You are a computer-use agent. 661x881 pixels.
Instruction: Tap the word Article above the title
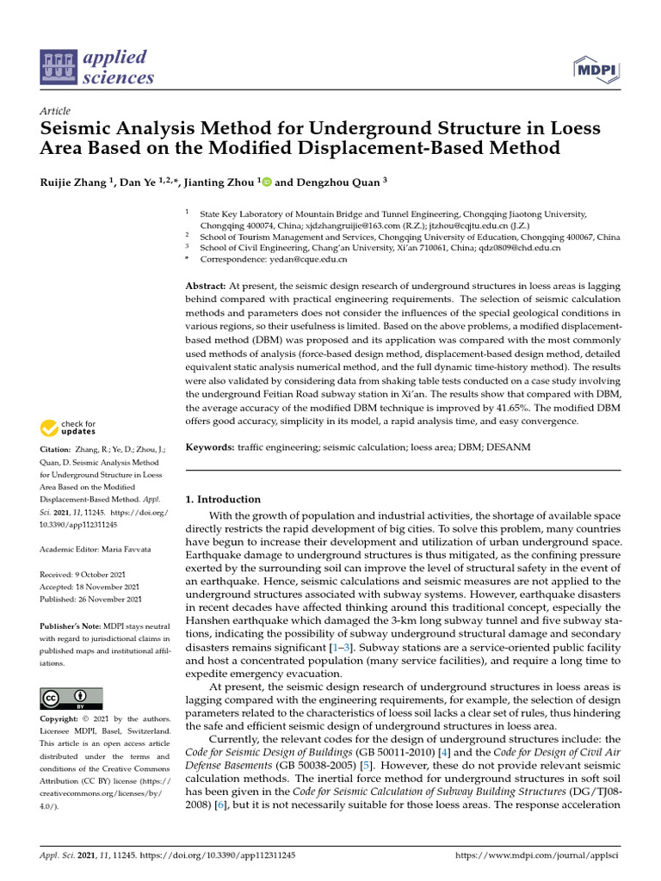point(55,111)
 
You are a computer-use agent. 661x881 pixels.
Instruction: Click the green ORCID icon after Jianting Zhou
point(266,182)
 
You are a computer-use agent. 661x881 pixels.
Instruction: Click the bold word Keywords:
point(211,447)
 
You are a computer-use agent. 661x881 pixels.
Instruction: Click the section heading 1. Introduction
point(223,499)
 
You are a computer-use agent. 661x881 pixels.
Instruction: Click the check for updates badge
point(68,427)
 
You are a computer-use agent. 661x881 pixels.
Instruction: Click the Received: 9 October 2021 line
point(90,574)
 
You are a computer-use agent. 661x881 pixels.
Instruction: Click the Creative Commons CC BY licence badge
point(71,698)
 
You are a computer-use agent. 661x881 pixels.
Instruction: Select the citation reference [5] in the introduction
point(366,765)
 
